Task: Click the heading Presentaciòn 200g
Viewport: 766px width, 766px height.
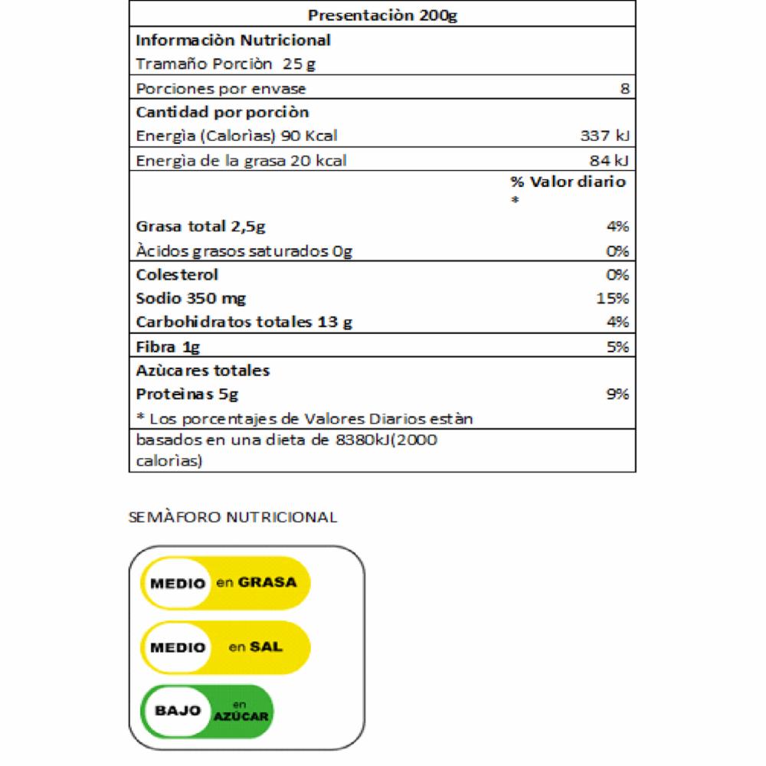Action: pyautogui.click(x=382, y=15)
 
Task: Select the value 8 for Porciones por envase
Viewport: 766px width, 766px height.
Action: pyautogui.click(x=625, y=88)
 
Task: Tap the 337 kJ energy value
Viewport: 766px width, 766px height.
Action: pyautogui.click(x=605, y=136)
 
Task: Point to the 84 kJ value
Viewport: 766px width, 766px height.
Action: pyautogui.click(x=611, y=161)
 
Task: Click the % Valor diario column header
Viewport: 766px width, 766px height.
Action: pyautogui.click(x=568, y=182)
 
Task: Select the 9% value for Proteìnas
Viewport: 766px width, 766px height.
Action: pyautogui.click(x=618, y=394)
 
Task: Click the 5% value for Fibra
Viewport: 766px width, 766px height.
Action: pyautogui.click(x=618, y=346)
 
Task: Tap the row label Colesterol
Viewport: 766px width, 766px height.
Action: pyautogui.click(x=177, y=274)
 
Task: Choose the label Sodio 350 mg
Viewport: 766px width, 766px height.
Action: pyautogui.click(x=191, y=298)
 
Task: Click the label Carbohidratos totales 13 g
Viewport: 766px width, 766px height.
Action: pyautogui.click(x=244, y=322)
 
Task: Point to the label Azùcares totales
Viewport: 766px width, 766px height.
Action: pyautogui.click(x=203, y=371)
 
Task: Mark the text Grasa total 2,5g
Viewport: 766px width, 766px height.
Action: pyautogui.click(x=201, y=227)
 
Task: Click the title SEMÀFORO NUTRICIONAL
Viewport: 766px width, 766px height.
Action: pyautogui.click(x=233, y=517)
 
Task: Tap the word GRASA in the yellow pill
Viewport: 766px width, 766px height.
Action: pyautogui.click(x=267, y=582)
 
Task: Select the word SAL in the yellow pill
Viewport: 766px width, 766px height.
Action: pyautogui.click(x=267, y=647)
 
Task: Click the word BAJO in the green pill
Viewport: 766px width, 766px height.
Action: pyautogui.click(x=178, y=710)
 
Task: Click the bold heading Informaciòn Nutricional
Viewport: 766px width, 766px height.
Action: pyautogui.click(x=233, y=40)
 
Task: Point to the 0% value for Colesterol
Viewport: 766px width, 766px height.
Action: pyautogui.click(x=618, y=274)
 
